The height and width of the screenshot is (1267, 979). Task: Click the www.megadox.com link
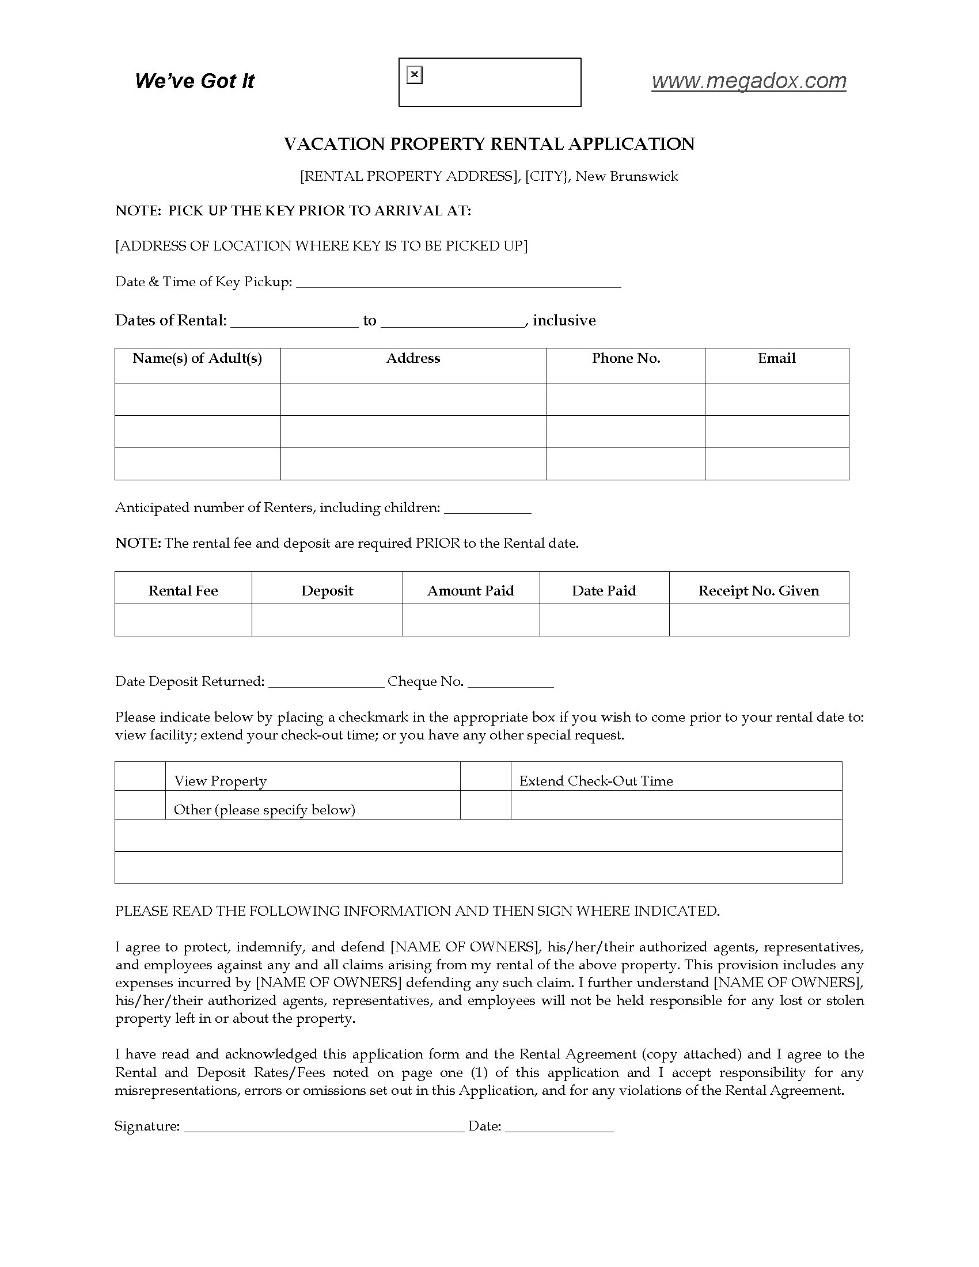(x=748, y=81)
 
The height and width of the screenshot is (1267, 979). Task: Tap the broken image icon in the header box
(x=414, y=75)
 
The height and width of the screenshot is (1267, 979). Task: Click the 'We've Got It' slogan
(x=194, y=81)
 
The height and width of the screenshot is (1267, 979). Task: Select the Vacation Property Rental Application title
(x=489, y=144)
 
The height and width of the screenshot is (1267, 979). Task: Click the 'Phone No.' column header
(x=626, y=359)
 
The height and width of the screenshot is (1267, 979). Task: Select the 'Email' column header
(x=777, y=359)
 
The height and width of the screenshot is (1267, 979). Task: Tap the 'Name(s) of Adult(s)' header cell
(x=197, y=359)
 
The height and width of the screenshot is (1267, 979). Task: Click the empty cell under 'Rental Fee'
(x=183, y=620)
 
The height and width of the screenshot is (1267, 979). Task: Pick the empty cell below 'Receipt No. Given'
(x=758, y=620)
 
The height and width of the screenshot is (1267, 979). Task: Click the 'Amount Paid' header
(x=470, y=590)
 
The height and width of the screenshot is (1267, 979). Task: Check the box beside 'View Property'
(x=141, y=776)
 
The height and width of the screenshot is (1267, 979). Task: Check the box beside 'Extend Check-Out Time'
(x=485, y=776)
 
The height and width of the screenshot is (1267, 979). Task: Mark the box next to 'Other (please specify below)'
(x=141, y=805)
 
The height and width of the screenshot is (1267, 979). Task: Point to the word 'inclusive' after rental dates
(x=564, y=321)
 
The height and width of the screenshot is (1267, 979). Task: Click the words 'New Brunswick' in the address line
(x=627, y=176)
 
